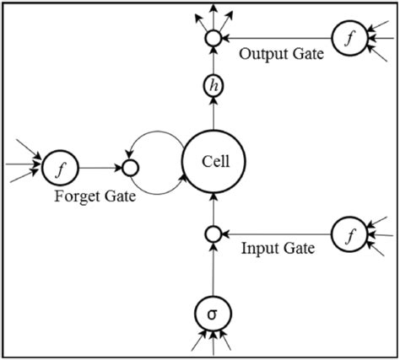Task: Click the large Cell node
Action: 213,160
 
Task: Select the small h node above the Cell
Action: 213,85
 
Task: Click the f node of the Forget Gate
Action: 59,167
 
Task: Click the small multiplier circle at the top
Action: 213,38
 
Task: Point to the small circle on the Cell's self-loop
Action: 131,167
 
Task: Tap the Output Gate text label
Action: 279,55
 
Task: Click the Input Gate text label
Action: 278,249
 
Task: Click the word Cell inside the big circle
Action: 213,160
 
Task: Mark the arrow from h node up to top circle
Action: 213,60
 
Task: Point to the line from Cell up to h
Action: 213,113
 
